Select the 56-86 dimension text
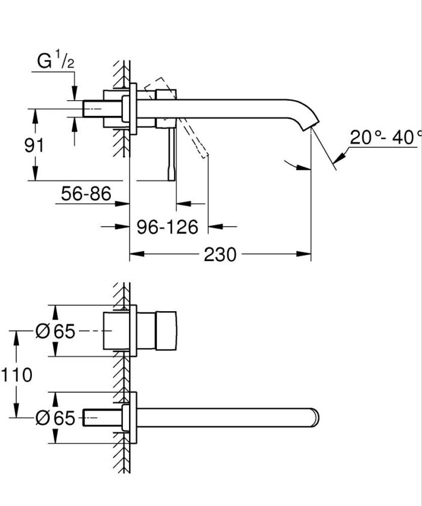86,194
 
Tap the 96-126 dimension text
167,227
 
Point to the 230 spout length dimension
219,255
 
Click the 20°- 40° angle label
385,138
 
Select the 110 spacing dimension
16,375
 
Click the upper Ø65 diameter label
55,331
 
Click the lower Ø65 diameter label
55,417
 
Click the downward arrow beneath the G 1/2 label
74,92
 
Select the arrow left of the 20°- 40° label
339,156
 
